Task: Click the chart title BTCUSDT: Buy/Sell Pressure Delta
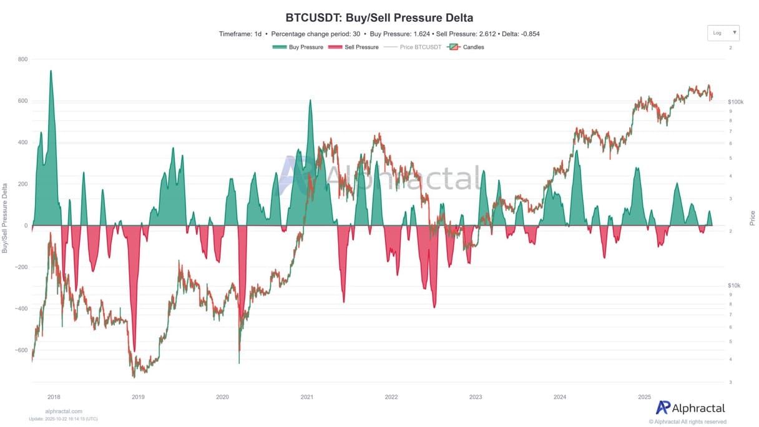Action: coord(379,17)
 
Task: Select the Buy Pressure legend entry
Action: coord(298,47)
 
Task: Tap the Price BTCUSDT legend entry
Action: coord(413,47)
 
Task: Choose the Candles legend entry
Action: coord(466,47)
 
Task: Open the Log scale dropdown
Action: coord(723,32)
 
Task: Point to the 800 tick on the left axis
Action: coord(22,59)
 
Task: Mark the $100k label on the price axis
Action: coord(735,101)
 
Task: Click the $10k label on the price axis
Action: coord(733,285)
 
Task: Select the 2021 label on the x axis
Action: coord(306,396)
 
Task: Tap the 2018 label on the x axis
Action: coord(54,396)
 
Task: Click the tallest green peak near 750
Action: coord(51,71)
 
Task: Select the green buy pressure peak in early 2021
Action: coord(310,101)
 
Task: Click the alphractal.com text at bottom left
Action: coord(64,411)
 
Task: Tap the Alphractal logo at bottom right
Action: coord(690,408)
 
